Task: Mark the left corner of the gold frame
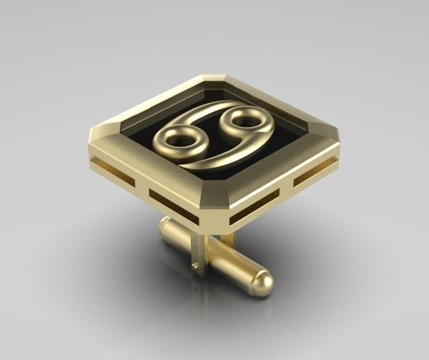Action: pyautogui.click(x=94, y=136)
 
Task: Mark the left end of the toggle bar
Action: pyautogui.click(x=164, y=227)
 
